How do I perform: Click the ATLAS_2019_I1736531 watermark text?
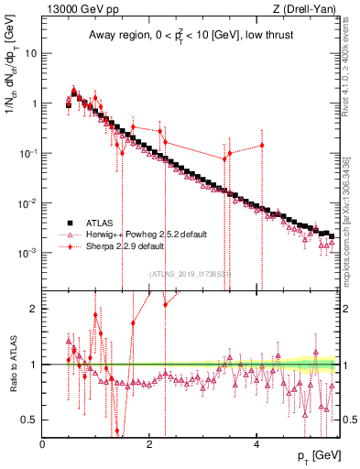(190, 274)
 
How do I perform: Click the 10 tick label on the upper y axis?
(29, 53)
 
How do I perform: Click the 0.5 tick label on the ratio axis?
(27, 420)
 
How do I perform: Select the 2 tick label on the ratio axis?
(33, 309)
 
